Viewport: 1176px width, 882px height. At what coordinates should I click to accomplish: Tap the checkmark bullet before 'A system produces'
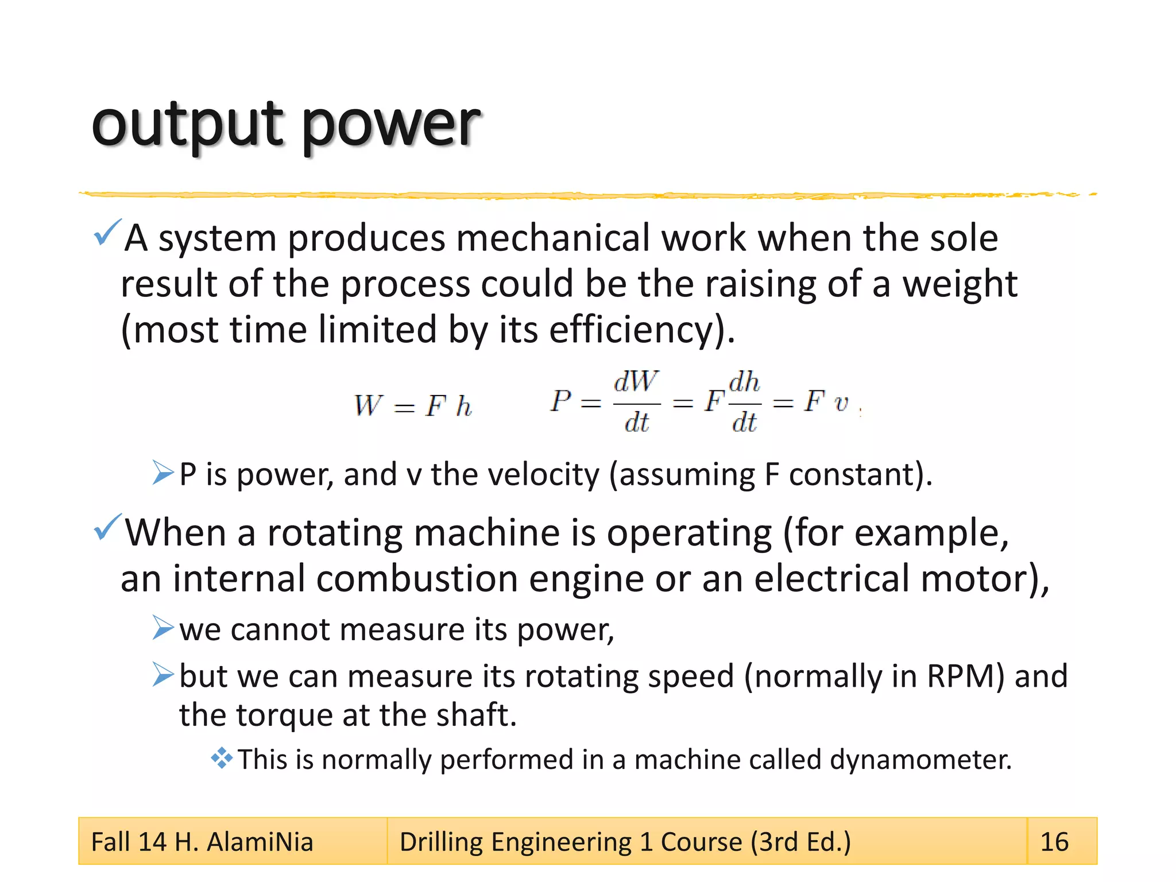[107, 232]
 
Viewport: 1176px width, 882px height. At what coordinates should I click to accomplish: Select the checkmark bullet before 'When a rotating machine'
[107, 527]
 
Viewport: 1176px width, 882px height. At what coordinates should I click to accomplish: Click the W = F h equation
[413, 405]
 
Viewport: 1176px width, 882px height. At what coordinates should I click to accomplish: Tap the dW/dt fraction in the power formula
[636, 402]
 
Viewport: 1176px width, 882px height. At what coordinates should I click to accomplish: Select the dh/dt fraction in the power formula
[744, 402]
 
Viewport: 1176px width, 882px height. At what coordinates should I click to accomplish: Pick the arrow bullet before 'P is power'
[163, 473]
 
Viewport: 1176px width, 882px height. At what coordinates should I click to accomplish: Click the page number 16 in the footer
[1054, 842]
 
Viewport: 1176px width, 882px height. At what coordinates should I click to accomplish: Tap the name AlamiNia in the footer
[260, 842]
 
